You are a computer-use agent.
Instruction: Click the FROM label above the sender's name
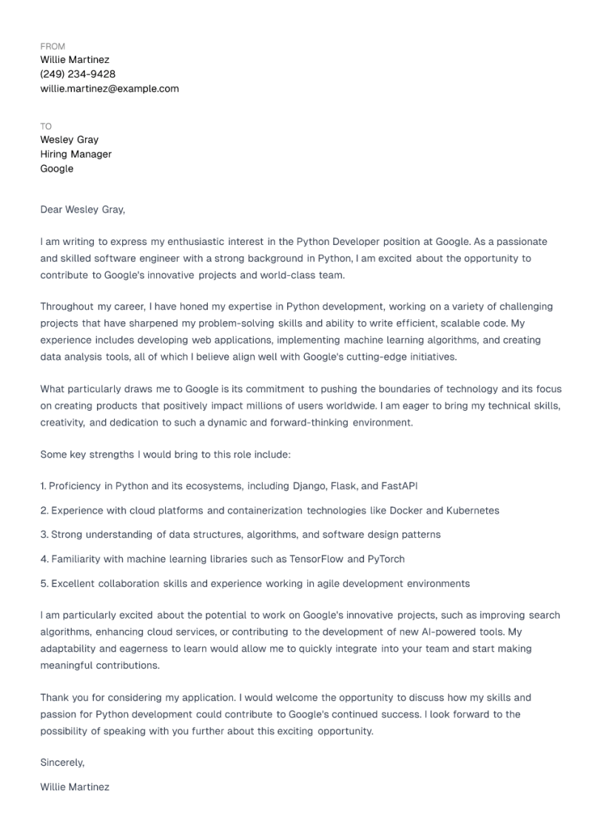point(53,46)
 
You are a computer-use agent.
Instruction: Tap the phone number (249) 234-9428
point(78,74)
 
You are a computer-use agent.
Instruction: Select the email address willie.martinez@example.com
point(110,89)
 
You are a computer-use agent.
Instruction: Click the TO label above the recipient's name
point(46,126)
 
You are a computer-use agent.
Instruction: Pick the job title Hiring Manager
point(76,154)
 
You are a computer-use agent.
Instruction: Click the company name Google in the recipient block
point(57,169)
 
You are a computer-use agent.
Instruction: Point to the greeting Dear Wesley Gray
point(83,209)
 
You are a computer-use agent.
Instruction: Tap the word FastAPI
point(401,486)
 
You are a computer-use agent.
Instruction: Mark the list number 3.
point(44,534)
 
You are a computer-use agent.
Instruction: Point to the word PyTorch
point(386,559)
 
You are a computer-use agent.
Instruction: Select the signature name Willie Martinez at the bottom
point(75,787)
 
